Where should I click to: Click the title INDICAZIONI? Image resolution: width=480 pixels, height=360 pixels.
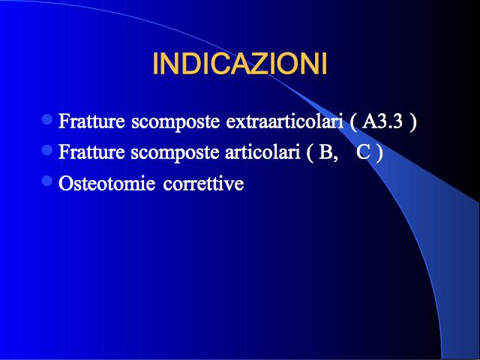click(x=240, y=64)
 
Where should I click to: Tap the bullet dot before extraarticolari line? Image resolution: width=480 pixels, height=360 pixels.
click(x=47, y=119)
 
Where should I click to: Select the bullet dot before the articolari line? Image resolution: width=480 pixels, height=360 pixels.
click(x=47, y=150)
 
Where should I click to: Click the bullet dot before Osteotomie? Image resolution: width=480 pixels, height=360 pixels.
click(x=47, y=181)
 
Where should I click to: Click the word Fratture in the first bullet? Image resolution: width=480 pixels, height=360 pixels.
click(x=91, y=121)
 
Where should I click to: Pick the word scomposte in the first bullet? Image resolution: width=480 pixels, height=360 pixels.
click(x=175, y=122)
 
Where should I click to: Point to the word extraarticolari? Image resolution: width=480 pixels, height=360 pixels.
click(x=284, y=121)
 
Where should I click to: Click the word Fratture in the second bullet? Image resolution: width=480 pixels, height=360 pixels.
click(x=91, y=151)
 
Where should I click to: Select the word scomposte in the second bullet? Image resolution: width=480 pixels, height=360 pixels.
click(x=175, y=153)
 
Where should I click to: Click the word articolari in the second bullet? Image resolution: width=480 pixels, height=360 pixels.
click(x=262, y=151)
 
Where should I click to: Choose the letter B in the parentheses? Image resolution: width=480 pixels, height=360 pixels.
click(x=325, y=151)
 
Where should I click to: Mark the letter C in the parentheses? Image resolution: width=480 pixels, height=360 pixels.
click(x=364, y=151)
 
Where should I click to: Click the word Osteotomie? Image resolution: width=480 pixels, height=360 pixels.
click(x=106, y=183)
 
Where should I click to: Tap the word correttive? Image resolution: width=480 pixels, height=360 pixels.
click(x=203, y=184)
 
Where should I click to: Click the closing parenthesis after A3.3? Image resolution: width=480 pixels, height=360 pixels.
click(x=413, y=122)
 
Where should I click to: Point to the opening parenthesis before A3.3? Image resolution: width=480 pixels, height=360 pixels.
click(x=353, y=122)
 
